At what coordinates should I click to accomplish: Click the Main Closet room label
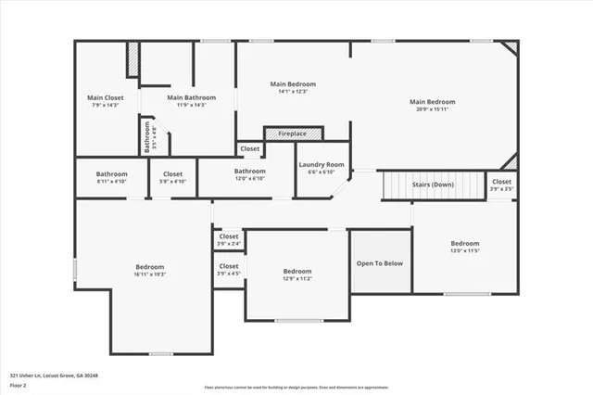pos(106,97)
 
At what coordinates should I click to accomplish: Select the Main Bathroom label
pos(192,97)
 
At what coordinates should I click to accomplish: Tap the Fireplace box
pos(292,134)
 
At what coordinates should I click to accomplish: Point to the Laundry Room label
pos(321,165)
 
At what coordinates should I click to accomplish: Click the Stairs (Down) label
pos(434,185)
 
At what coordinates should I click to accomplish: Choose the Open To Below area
pos(380,263)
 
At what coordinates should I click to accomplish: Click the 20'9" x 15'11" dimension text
pos(433,109)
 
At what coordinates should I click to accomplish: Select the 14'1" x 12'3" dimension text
pos(293,91)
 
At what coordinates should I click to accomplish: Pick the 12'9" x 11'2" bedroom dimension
pos(296,278)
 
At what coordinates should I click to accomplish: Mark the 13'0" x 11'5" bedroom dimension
pos(465,250)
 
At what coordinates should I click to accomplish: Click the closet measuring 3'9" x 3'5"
pos(501,185)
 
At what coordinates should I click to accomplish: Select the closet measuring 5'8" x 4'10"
pos(173,177)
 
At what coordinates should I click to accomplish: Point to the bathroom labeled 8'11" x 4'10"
pos(112,177)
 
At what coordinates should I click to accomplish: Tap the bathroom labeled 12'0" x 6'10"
pos(249,174)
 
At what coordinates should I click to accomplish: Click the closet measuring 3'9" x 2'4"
pos(228,240)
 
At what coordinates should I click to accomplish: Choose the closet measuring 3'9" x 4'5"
pos(228,269)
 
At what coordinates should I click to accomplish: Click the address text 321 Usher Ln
pos(54,376)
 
